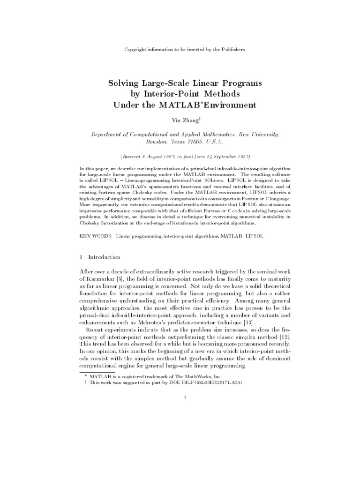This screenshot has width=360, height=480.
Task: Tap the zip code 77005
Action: click(195, 141)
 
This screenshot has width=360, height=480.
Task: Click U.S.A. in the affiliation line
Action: click(215, 141)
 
